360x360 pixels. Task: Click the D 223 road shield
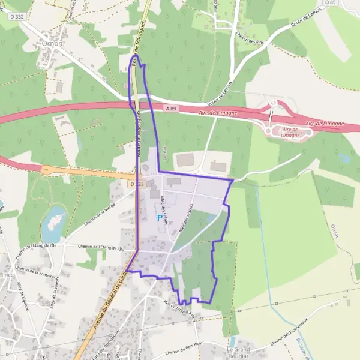(136, 184)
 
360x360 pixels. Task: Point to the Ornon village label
(53, 44)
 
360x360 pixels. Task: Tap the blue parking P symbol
(160, 218)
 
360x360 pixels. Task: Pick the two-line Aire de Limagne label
(290, 132)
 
